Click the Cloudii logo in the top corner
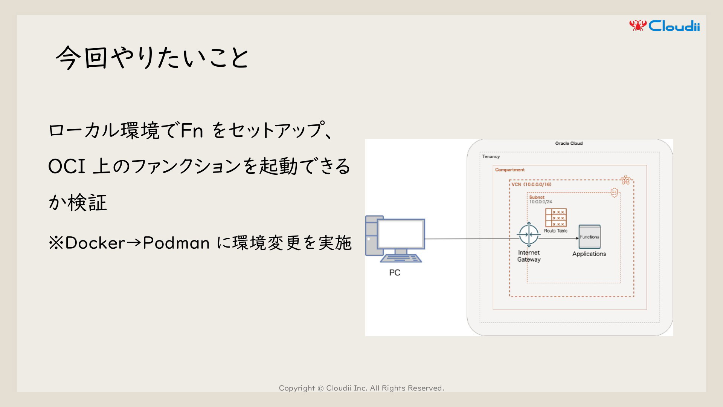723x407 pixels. [664, 26]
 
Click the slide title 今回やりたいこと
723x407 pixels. [152, 58]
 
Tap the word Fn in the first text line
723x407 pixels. [192, 131]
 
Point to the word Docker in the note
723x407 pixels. [95, 243]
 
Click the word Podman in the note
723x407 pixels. [176, 243]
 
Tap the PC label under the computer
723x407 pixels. [395, 272]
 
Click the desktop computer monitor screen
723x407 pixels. [401, 234]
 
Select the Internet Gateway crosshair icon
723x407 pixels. [529, 234]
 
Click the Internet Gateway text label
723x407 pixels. [529, 256]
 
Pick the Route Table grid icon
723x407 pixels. [555, 218]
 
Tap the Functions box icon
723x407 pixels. [589, 237]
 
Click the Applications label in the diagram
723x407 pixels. [589, 254]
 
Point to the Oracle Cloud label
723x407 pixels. [569, 143]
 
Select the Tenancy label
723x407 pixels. [491, 156]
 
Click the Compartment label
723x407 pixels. [510, 170]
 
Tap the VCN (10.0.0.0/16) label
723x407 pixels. [531, 184]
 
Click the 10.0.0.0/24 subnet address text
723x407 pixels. [541, 202]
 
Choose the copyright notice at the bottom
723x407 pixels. [361, 388]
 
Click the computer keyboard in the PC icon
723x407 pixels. [401, 259]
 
